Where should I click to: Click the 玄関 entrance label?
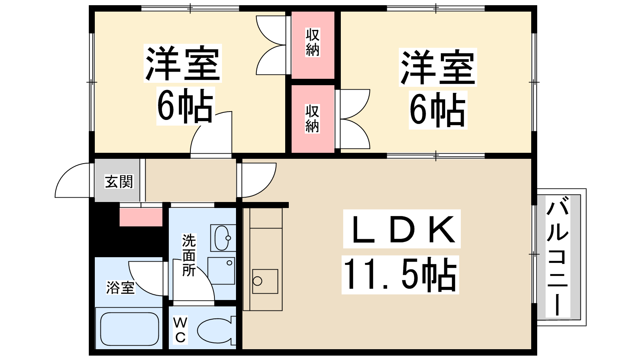(x=119, y=182)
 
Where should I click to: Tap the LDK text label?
(x=402, y=229)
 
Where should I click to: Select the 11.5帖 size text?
(x=400, y=274)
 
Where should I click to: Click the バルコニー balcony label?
(x=558, y=256)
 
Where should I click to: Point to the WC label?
(x=180, y=330)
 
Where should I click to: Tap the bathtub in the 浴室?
(x=130, y=330)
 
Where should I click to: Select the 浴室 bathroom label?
(x=120, y=288)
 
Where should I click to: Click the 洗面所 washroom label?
(x=189, y=255)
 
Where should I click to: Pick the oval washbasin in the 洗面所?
(x=222, y=238)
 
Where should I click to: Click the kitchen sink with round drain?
(x=265, y=281)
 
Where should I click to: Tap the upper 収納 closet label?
(x=312, y=42)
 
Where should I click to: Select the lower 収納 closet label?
(x=312, y=119)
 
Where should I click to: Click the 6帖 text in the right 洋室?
(x=438, y=110)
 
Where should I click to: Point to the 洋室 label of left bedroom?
(x=182, y=64)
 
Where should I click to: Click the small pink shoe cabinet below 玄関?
(x=141, y=217)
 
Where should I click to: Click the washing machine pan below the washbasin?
(x=221, y=271)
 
